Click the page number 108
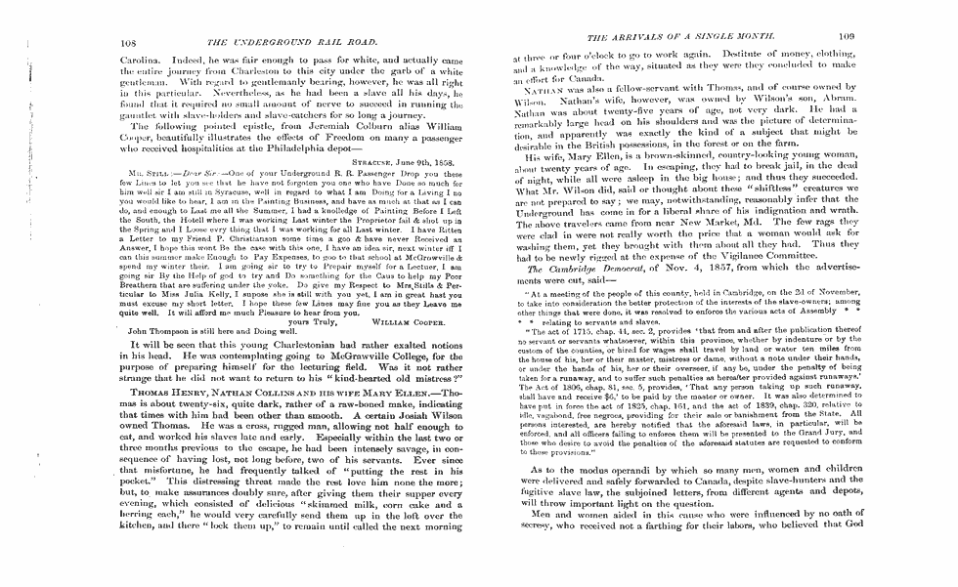click(x=126, y=43)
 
